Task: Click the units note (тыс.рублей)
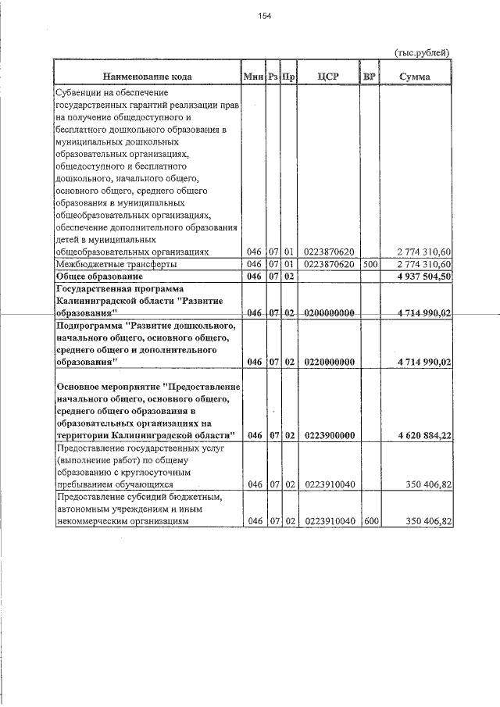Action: (x=422, y=52)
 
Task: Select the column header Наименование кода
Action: (x=146, y=77)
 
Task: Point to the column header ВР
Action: (x=370, y=77)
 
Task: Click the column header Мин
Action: (x=252, y=77)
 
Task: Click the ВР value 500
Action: (x=370, y=265)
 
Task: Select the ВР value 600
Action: (x=370, y=521)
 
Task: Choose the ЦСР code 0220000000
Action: (x=329, y=362)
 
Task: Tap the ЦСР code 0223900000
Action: (x=329, y=435)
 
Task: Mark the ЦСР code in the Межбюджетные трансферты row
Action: (x=329, y=265)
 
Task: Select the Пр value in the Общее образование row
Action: (x=288, y=277)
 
